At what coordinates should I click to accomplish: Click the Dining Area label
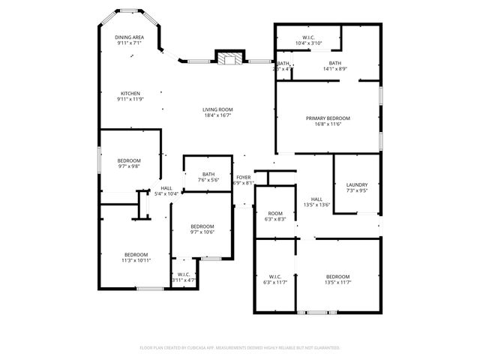coord(129,37)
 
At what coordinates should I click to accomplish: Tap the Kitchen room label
coord(129,94)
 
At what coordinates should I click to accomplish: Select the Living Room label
coord(217,109)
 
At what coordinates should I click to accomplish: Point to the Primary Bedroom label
coord(328,118)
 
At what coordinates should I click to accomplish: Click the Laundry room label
coord(356,185)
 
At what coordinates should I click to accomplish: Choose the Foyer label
coord(244,178)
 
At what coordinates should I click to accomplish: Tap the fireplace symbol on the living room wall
coord(229,58)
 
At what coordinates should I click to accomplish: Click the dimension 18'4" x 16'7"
coord(217,115)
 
